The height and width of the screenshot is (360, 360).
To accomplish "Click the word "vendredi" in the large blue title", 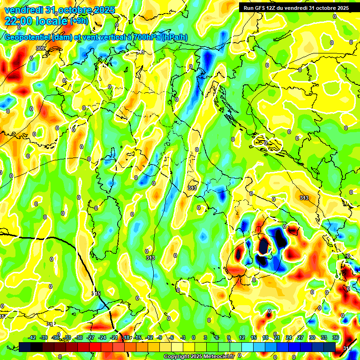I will coord(23,10).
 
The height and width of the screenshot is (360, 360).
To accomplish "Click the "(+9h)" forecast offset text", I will coord(79,21).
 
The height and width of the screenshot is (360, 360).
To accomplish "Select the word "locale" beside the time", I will coord(51,21).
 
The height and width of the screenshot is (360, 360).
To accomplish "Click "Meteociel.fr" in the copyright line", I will coord(217,357).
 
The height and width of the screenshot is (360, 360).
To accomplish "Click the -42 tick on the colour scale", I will coord(32,337).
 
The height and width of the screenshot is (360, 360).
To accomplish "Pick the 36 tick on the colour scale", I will coord(336,337).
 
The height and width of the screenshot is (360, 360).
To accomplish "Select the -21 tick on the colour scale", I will coord(114,337).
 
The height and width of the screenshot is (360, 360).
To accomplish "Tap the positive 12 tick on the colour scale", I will coord(242,337).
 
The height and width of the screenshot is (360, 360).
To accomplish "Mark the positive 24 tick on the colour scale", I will coord(289,337).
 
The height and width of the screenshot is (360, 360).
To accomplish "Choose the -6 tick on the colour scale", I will coord(171,337).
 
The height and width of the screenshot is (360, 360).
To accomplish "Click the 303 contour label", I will coord(40,48).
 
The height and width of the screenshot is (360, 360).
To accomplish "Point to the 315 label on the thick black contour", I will coord(96,293).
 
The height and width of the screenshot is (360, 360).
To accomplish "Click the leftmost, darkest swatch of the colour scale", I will coord(25,346).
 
